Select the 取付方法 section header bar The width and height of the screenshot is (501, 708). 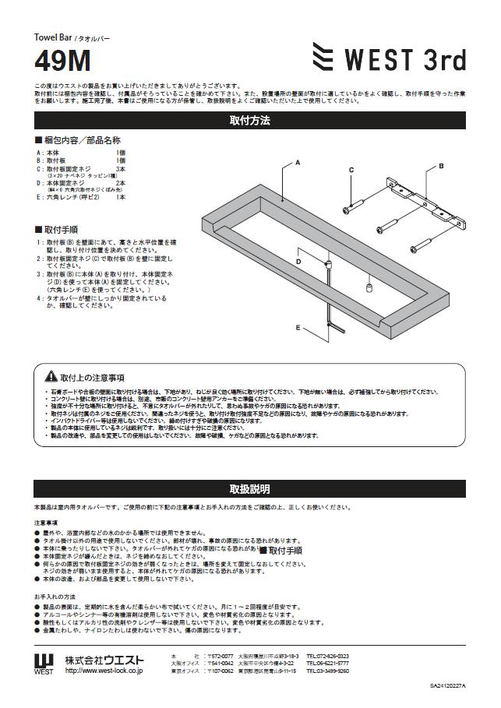pos(250,121)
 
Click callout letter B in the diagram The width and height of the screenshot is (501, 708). pos(441,166)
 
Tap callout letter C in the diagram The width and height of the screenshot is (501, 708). pos(351,170)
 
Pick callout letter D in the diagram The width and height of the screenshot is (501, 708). pos(298,262)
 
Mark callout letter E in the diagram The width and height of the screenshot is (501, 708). pos(298,328)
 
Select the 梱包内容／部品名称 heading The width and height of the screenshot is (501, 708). pos(77,140)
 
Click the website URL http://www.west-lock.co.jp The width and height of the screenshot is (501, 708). pos(104,670)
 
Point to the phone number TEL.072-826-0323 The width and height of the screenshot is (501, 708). pos(327,656)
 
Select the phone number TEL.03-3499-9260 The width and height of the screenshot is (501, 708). pos(327,671)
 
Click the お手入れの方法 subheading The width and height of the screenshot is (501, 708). pos(54,596)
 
